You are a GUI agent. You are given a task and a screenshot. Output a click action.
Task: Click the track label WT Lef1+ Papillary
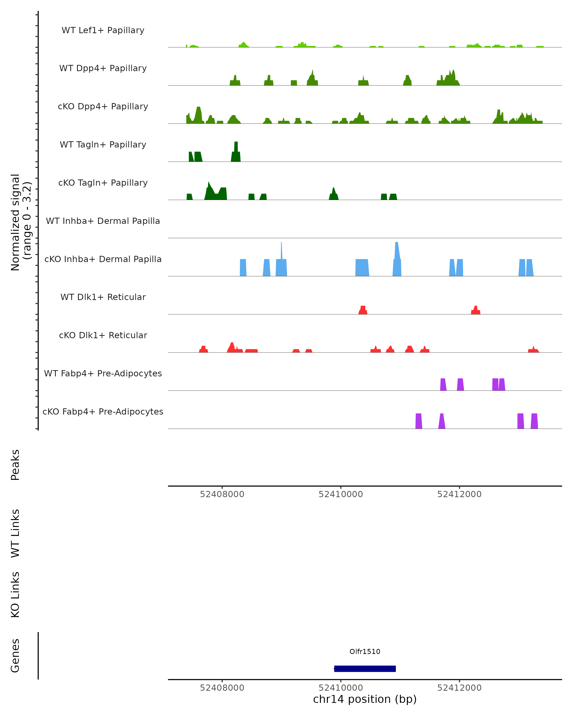(103, 30)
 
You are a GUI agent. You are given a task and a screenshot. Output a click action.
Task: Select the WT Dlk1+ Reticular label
(103, 297)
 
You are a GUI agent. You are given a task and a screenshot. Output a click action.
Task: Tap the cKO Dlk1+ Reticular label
(103, 335)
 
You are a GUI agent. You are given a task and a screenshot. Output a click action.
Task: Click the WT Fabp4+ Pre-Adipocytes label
(103, 373)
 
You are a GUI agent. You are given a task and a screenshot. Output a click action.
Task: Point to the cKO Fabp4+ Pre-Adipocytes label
(103, 411)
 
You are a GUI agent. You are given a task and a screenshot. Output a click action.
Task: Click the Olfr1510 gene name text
(365, 652)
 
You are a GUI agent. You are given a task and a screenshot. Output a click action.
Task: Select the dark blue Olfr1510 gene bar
(365, 669)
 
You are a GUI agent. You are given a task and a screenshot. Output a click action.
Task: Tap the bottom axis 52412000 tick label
(459, 688)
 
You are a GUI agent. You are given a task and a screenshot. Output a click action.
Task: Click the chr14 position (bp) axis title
(365, 699)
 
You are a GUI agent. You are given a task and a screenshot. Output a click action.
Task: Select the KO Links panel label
(15, 595)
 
